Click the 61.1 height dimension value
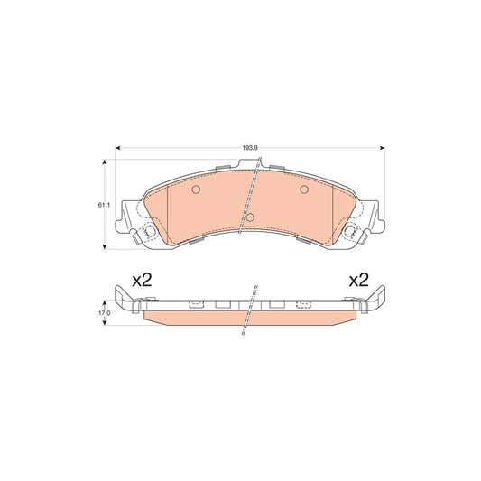[x=104, y=206]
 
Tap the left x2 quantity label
[x=141, y=281]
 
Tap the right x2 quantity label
[x=360, y=281]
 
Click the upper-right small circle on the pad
[x=303, y=190]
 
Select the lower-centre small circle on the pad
[x=252, y=217]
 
